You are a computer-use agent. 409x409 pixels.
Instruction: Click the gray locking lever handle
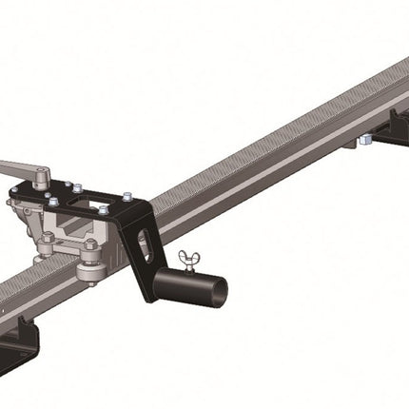pos(19,170)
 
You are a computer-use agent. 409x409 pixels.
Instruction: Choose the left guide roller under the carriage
pos(44,250)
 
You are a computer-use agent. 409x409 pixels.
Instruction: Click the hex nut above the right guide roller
pos(89,245)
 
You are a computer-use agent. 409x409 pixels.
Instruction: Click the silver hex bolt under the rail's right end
pos(364,141)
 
